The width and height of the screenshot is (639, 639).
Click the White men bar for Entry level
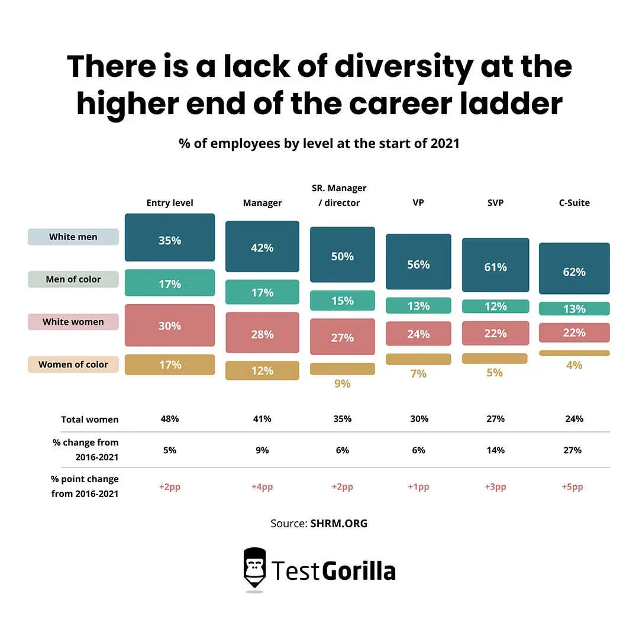coord(170,237)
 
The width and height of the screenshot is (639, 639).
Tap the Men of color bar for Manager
coord(262,292)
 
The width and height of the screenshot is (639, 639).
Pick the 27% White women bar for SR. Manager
coord(342,337)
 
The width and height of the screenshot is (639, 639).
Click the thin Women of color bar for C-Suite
coord(574,353)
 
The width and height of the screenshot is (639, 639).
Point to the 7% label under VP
coord(418,374)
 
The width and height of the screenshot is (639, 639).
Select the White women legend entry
coord(73,322)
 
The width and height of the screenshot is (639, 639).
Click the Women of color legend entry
coord(73,364)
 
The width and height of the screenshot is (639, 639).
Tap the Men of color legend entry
coord(73,279)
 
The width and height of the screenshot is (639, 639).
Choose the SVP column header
coord(495,203)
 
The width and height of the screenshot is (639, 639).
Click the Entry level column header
coord(170,203)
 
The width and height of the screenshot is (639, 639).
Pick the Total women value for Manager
coord(262,419)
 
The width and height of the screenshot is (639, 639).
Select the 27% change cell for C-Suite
coord(574,450)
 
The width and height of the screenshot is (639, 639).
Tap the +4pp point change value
coord(262,487)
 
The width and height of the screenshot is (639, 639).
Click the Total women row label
coord(89,419)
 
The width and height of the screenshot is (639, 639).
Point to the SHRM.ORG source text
coord(338,523)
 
